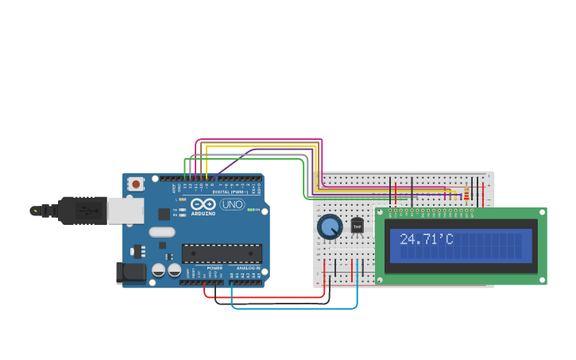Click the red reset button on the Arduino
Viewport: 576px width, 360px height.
click(x=136, y=184)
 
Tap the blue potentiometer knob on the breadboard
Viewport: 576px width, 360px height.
click(x=329, y=227)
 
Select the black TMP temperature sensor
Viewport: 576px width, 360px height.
click(x=357, y=226)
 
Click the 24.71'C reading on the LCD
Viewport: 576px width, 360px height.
click(x=426, y=239)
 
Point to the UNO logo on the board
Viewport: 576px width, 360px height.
click(x=232, y=204)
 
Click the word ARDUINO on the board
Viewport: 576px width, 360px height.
click(x=203, y=213)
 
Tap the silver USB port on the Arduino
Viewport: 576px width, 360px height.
click(x=125, y=211)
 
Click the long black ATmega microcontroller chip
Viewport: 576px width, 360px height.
click(x=222, y=254)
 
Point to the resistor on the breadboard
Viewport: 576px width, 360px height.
click(x=466, y=193)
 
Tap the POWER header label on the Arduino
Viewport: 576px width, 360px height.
click(x=215, y=269)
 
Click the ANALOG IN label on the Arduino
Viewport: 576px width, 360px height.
click(x=246, y=269)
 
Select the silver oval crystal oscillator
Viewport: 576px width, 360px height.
click(x=161, y=232)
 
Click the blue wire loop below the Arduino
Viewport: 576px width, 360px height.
click(x=294, y=308)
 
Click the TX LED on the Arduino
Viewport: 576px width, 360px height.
click(x=183, y=210)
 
